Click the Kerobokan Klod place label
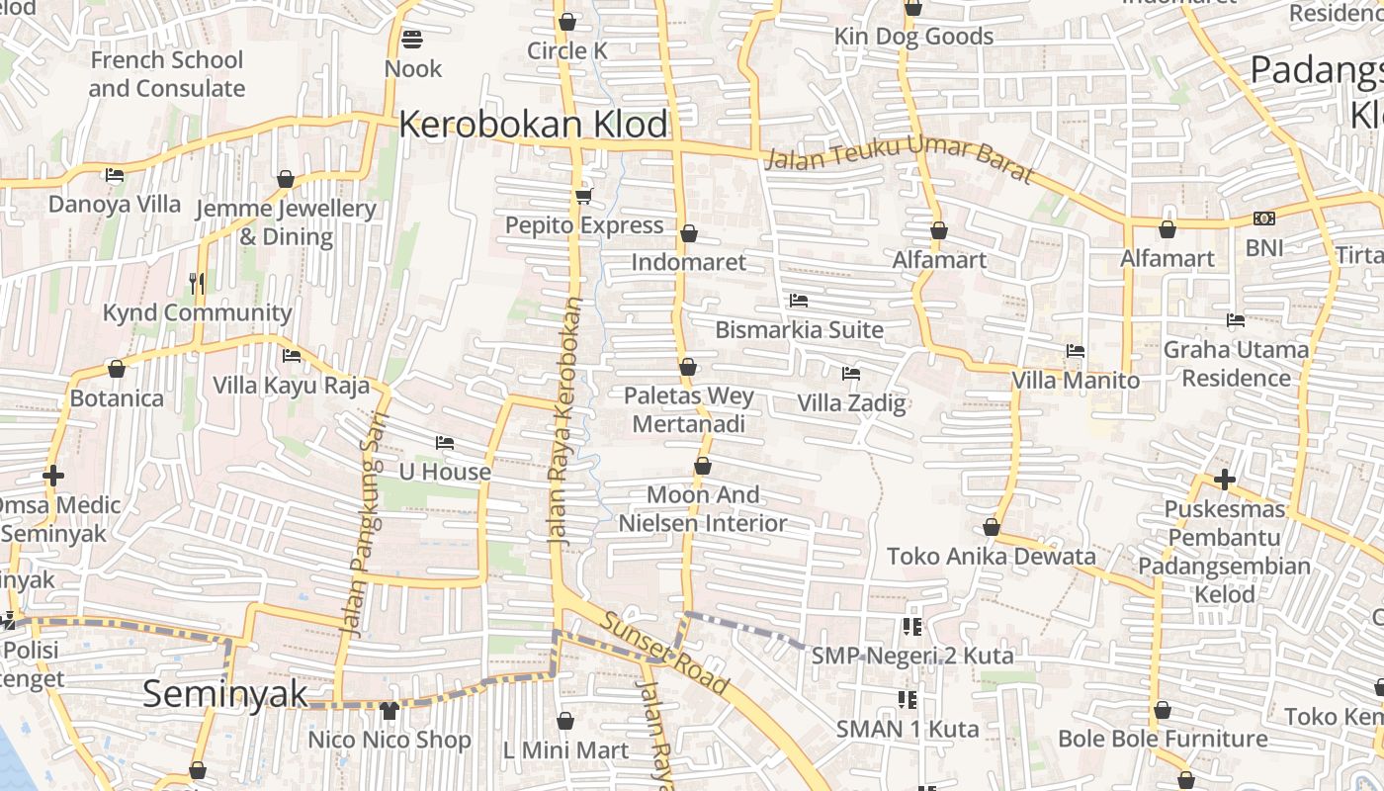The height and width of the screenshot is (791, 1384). (x=533, y=126)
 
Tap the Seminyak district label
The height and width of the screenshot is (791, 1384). (x=225, y=693)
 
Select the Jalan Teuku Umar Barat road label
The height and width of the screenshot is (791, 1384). (x=900, y=164)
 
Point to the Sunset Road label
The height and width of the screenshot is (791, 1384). (x=665, y=654)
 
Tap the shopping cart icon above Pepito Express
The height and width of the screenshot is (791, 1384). (x=583, y=196)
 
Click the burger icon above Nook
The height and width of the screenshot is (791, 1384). (x=412, y=41)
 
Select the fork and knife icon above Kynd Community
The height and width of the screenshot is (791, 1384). (x=197, y=284)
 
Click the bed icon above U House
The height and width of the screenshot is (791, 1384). (x=445, y=443)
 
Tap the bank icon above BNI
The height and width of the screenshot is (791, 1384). (x=1263, y=219)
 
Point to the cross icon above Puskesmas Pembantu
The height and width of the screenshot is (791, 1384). (x=1224, y=481)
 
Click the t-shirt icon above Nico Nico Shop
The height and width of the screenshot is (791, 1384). (x=389, y=710)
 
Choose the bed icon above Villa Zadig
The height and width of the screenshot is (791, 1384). (x=850, y=374)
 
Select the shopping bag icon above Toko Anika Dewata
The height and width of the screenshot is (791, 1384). (x=992, y=528)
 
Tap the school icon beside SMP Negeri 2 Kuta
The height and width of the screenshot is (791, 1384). (x=910, y=626)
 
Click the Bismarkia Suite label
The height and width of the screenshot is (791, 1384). (x=799, y=329)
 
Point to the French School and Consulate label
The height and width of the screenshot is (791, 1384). (x=166, y=74)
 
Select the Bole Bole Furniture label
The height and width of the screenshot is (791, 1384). (x=1163, y=739)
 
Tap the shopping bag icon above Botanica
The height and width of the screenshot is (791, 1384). (x=117, y=370)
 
